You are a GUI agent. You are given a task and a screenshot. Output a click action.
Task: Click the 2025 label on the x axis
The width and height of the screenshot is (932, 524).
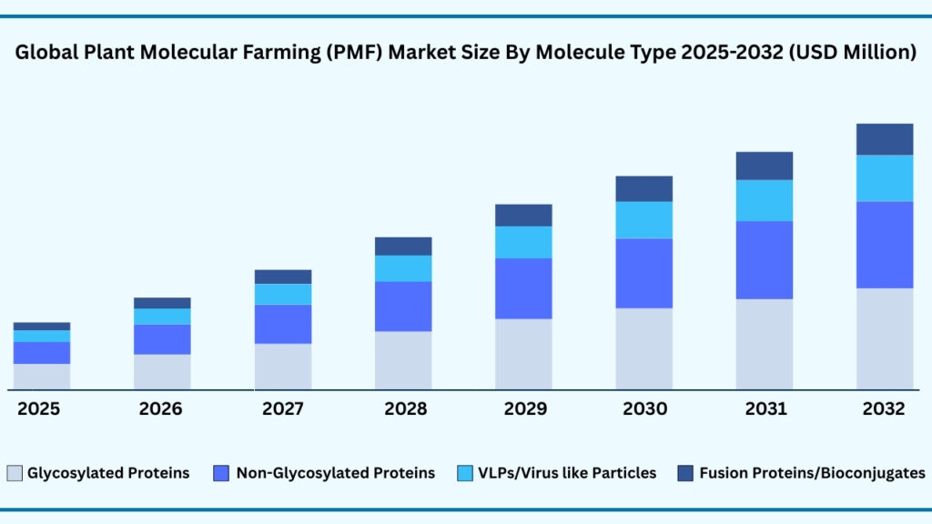pos(38,409)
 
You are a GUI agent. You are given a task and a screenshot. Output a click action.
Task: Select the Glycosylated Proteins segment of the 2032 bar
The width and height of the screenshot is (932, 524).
pos(884,338)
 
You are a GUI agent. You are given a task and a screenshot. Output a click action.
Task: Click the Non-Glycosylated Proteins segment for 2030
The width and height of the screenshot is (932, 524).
pos(643,273)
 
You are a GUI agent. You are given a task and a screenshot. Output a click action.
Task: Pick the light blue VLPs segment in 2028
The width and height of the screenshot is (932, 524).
pos(403,268)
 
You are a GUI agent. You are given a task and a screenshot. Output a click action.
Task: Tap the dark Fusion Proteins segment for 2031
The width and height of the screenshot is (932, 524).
pos(764,166)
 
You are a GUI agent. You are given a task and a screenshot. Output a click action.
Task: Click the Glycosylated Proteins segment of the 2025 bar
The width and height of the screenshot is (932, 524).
pos(42,377)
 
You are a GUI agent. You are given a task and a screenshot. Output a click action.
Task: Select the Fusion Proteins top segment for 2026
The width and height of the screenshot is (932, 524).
pos(162,303)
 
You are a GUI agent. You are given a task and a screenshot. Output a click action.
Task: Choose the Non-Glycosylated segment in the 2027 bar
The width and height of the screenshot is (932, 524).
pos(283,324)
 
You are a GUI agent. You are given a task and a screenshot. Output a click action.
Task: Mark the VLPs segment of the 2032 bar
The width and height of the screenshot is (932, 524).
pos(884,178)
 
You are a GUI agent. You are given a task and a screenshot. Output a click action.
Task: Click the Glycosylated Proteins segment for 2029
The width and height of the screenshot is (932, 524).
pos(523,354)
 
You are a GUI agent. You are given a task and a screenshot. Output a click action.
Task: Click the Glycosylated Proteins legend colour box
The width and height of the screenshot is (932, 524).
pos(15,473)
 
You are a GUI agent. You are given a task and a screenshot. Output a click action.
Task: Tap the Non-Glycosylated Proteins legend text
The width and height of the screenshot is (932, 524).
pos(335,473)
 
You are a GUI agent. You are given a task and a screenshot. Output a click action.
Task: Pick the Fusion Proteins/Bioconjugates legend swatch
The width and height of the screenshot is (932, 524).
pos(685,473)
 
